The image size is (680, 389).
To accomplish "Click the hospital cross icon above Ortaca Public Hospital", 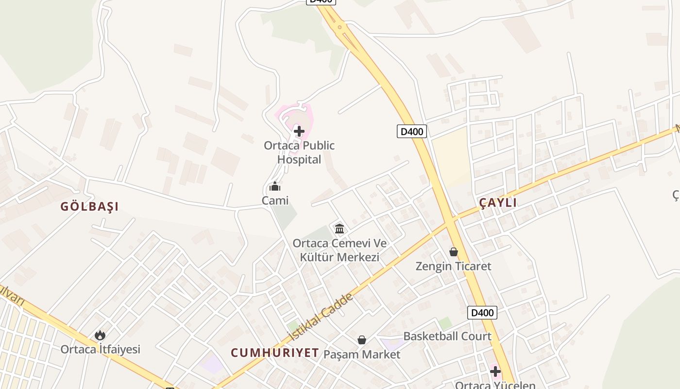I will tap(299, 131).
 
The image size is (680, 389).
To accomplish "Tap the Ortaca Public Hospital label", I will tap(299, 152).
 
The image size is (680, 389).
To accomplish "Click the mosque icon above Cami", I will tap(275, 187).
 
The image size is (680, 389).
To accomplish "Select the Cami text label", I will tap(275, 200).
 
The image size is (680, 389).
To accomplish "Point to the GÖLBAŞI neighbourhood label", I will tap(89, 206).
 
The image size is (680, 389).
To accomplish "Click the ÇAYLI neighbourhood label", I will tap(498, 203).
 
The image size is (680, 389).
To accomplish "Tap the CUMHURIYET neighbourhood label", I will tap(274, 353).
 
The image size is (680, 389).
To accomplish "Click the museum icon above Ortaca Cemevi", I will tap(340, 228).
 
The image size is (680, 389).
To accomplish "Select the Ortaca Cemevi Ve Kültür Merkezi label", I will tap(340, 250).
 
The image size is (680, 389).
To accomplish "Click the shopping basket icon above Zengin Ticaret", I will tap(453, 252).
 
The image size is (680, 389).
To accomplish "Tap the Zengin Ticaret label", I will tap(453, 266).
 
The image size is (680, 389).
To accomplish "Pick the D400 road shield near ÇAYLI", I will tap(412, 131).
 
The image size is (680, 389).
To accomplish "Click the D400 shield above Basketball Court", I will tap(482, 313).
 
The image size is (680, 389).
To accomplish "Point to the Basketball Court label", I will tap(447, 336).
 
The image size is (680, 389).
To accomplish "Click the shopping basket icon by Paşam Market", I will tap(362, 340).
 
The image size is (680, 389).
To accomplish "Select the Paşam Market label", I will tap(362, 354).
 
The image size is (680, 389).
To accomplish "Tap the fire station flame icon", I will tap(100, 335).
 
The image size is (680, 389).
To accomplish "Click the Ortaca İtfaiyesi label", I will tap(100, 349).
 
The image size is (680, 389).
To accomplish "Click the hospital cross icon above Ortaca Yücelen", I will tap(495, 372).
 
